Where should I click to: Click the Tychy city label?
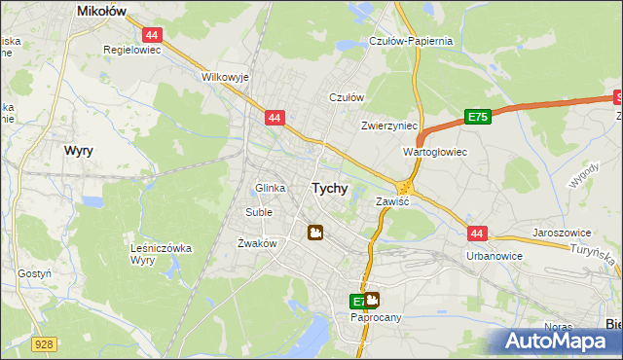pos(329,189)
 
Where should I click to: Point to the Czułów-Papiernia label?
pos(411,41)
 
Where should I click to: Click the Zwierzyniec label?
pos(388,126)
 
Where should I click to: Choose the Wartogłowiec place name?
pos(435,152)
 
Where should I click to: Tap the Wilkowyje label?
pos(226,76)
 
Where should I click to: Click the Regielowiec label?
pos(130,48)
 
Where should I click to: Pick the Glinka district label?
pos(270,188)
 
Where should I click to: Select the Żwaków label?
pos(258,243)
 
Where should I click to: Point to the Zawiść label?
pos(392,201)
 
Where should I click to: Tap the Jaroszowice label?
pos(564,234)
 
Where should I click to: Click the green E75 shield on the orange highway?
pos(477,117)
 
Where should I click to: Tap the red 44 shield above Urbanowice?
pos(476,234)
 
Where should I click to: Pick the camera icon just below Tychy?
pos(315,232)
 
